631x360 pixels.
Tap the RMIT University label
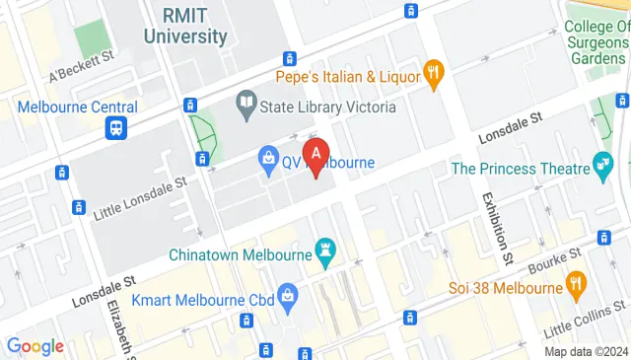[x=185, y=27]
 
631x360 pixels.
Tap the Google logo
[x=35, y=346]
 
